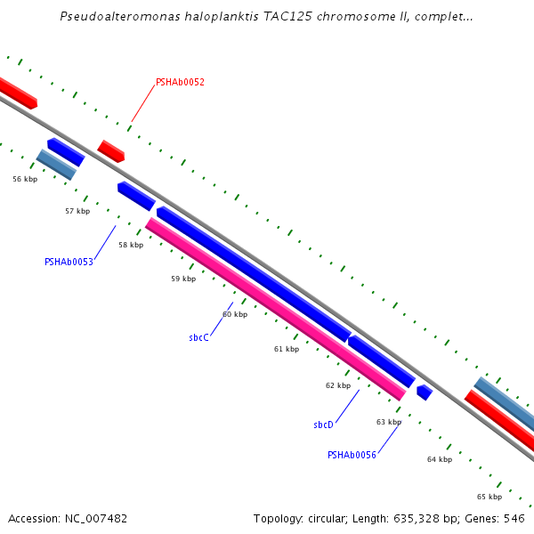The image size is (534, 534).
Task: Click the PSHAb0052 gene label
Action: (180, 82)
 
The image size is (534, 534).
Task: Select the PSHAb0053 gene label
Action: (69, 262)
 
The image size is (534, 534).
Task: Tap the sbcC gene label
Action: (198, 337)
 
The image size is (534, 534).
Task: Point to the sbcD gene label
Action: (323, 425)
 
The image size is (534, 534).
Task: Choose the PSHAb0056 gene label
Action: (352, 455)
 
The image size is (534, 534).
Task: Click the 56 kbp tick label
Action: (25, 179)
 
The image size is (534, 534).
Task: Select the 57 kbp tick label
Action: (77, 211)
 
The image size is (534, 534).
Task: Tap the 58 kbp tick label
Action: (131, 245)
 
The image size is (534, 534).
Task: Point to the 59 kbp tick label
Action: (183, 279)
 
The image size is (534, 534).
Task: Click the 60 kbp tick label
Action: (235, 314)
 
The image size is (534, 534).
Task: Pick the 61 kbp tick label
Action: (287, 349)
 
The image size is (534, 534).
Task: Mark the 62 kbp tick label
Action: (338, 385)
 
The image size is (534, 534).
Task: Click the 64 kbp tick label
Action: (440, 459)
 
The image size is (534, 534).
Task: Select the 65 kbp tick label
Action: (489, 497)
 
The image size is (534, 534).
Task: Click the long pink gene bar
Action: (276, 309)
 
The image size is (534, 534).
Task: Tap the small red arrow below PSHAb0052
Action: (111, 150)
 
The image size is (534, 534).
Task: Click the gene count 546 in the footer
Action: (514, 518)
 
